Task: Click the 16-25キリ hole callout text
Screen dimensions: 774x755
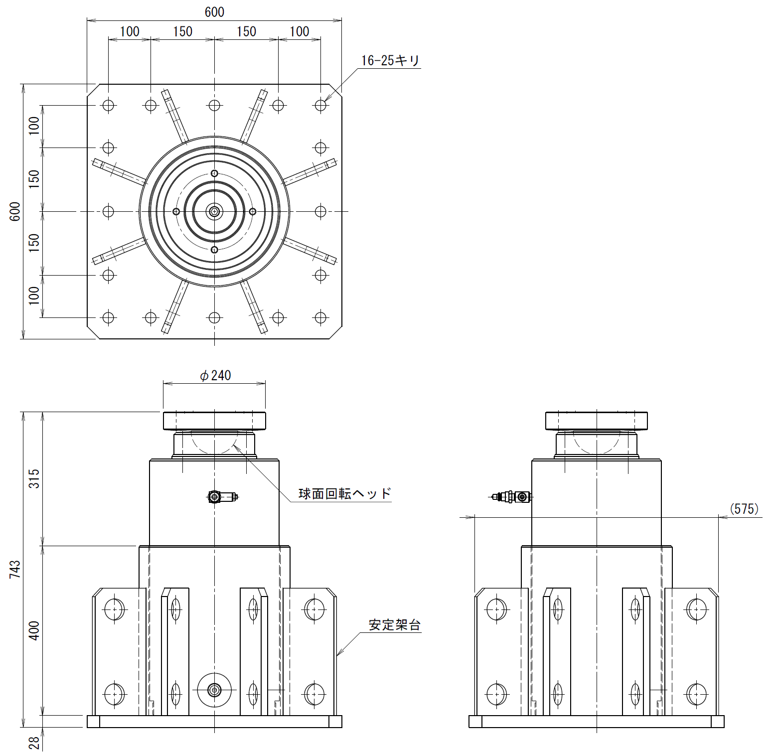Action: pyautogui.click(x=390, y=61)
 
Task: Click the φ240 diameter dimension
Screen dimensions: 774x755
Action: pyautogui.click(x=215, y=375)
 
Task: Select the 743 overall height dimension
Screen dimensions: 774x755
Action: pyautogui.click(x=15, y=569)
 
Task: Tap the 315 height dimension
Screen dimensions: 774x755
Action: pyautogui.click(x=34, y=478)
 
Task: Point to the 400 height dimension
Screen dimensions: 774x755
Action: pyautogui.click(x=34, y=630)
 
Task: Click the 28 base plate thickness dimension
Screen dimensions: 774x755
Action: pyautogui.click(x=34, y=743)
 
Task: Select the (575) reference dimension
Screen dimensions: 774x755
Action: pyautogui.click(x=744, y=509)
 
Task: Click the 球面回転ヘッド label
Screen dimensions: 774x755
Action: pyautogui.click(x=345, y=493)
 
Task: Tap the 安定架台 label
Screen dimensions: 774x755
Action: pyautogui.click(x=395, y=625)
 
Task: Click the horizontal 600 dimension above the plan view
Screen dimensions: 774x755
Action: pyautogui.click(x=214, y=12)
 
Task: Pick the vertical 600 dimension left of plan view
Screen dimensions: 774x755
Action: pyautogui.click(x=15, y=212)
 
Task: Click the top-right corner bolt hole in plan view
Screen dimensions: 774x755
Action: pyautogui.click(x=320, y=105)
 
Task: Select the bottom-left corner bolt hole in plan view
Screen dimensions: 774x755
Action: pyautogui.click(x=108, y=317)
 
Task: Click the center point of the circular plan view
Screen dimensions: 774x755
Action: pyautogui.click(x=214, y=211)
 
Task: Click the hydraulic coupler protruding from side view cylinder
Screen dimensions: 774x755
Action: pyautogui.click(x=511, y=497)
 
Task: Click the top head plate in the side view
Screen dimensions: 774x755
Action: pyautogui.click(x=597, y=421)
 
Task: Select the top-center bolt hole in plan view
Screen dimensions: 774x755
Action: pyautogui.click(x=214, y=105)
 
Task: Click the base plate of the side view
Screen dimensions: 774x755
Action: pyautogui.click(x=597, y=722)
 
